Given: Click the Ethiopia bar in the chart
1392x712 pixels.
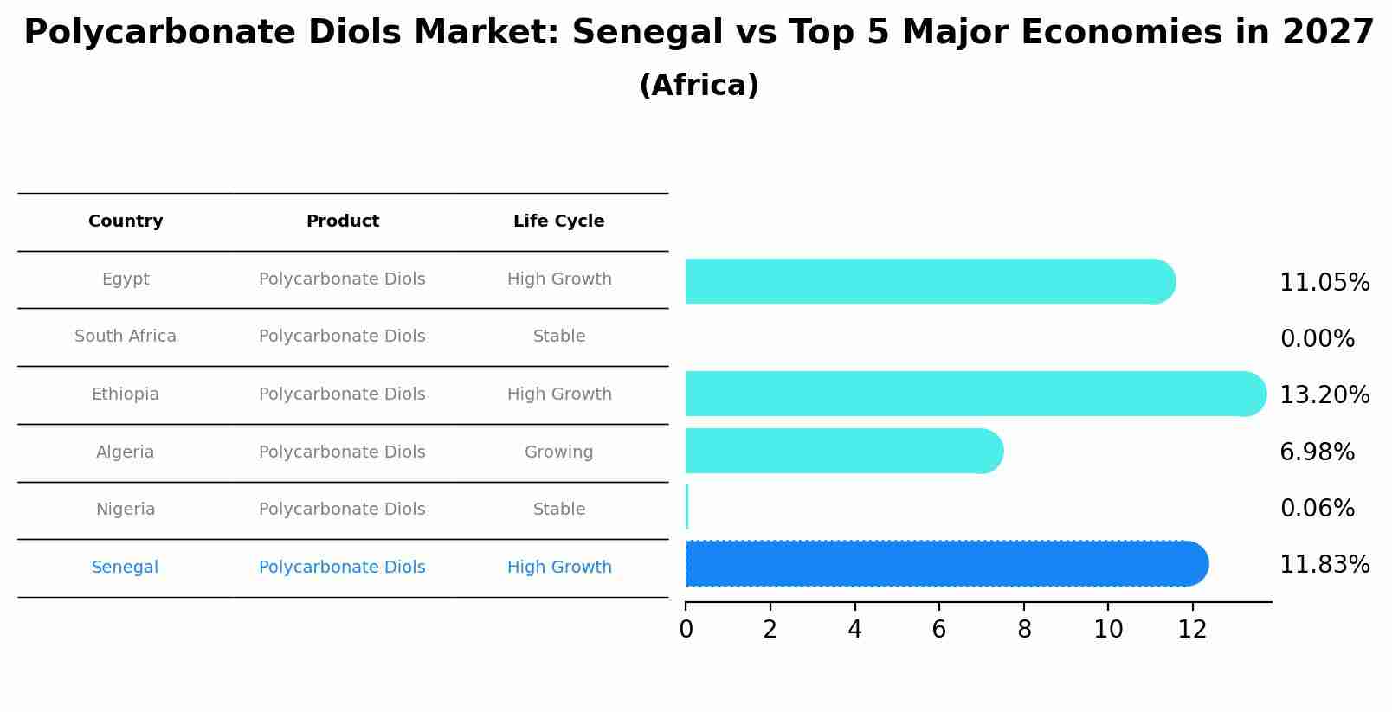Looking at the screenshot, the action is pyautogui.click(x=974, y=394).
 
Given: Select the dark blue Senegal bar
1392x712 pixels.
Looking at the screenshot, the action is pyautogui.click(x=945, y=564).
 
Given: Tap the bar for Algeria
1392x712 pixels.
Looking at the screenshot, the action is pyautogui.click(x=843, y=451).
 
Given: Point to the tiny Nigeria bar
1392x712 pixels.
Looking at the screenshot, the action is pyautogui.click(x=686, y=507).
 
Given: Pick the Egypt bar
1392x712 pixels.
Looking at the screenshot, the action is pyautogui.click(x=929, y=281).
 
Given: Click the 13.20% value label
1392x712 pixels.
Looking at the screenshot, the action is pyautogui.click(x=1324, y=395).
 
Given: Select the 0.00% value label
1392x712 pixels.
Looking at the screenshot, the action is pyautogui.click(x=1317, y=339).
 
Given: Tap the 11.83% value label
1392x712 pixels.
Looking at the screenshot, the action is pyautogui.click(x=1324, y=565).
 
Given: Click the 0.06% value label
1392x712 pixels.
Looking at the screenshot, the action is pyautogui.click(x=1317, y=509).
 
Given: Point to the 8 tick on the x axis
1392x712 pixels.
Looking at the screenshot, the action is pyautogui.click(x=1024, y=630).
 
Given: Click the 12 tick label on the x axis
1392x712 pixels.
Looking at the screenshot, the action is pyautogui.click(x=1192, y=630).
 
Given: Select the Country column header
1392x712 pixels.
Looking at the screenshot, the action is pyautogui.click(x=126, y=221).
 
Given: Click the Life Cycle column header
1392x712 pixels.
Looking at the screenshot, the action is pyautogui.click(x=558, y=221).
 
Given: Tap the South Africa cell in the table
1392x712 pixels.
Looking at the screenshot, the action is pyautogui.click(x=126, y=337).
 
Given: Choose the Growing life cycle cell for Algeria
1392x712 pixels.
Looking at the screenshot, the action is pyautogui.click(x=558, y=452).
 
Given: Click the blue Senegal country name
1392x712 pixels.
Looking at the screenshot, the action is pyautogui.click(x=126, y=568).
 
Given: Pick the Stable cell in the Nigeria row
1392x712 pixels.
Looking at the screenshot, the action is pyautogui.click(x=558, y=510).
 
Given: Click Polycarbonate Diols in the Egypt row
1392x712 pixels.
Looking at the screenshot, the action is pyautogui.click(x=342, y=279).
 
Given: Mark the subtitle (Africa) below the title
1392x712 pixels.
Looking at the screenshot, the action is pyautogui.click(x=699, y=86).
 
